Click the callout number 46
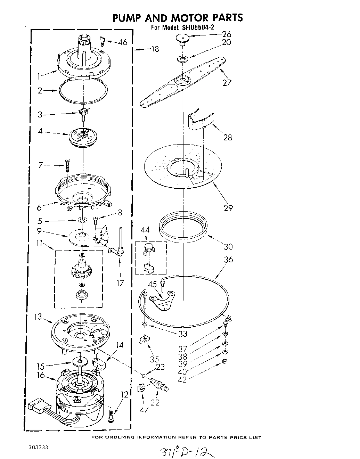[122, 42]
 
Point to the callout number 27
[227, 83]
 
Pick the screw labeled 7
[67, 164]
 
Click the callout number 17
[120, 284]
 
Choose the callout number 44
[145, 230]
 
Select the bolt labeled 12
[111, 416]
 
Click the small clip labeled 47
[141, 388]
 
